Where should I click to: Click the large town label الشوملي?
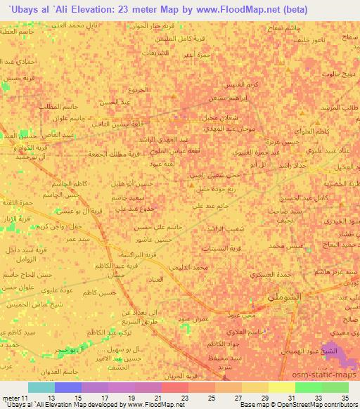coord(283,298)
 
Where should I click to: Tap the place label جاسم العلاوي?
coord(226,330)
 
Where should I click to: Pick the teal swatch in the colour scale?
coord(41,387)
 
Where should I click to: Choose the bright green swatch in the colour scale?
coord(308,387)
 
